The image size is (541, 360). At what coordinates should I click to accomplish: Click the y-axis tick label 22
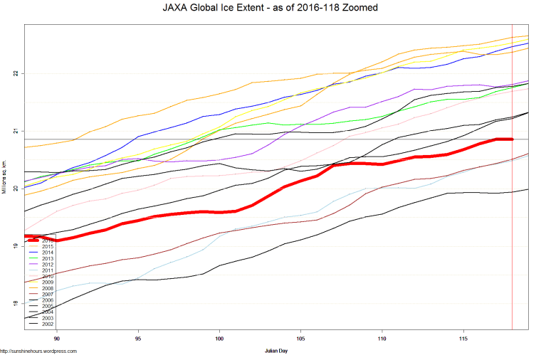click(16, 73)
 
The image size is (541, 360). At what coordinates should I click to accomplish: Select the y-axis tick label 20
click(16, 189)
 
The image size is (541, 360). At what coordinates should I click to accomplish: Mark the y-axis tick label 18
click(16, 304)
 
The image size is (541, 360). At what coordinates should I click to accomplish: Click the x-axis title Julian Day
click(275, 351)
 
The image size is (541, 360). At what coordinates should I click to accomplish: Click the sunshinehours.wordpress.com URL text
click(38, 351)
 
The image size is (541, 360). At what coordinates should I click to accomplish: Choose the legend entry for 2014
click(47, 253)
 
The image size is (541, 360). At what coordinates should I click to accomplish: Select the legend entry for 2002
click(47, 324)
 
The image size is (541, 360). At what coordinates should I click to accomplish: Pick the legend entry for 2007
click(47, 294)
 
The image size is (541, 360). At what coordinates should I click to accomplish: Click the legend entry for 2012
click(47, 265)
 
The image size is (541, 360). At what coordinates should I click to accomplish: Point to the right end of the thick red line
click(512, 139)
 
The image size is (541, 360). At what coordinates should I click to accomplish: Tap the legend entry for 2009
click(47, 282)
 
